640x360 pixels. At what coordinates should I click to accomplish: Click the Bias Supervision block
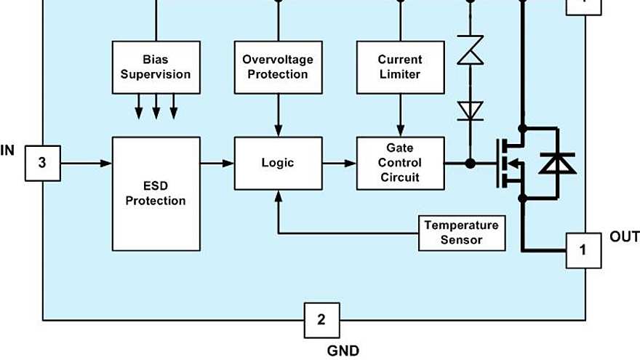(x=156, y=67)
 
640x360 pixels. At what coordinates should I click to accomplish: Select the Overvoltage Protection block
(x=278, y=67)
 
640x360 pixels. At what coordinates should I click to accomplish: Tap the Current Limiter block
(x=400, y=67)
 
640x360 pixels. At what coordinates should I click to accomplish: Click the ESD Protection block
(x=156, y=193)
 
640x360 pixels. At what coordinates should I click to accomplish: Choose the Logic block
(x=278, y=163)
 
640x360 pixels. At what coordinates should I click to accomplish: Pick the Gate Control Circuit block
(x=400, y=163)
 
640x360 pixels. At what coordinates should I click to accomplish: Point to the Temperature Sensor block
(x=462, y=232)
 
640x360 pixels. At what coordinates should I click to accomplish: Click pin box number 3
(x=42, y=163)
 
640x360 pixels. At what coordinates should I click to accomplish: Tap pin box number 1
(x=583, y=250)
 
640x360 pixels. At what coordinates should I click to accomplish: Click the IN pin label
(x=8, y=151)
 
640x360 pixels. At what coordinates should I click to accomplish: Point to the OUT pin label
(x=624, y=237)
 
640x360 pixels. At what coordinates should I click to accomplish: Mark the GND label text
(x=343, y=351)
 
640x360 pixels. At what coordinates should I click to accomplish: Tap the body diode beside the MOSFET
(x=557, y=163)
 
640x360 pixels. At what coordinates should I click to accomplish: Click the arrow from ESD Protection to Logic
(x=217, y=163)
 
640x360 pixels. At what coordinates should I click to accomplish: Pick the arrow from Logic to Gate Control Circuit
(x=339, y=163)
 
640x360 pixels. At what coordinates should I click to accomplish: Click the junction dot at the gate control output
(x=471, y=163)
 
